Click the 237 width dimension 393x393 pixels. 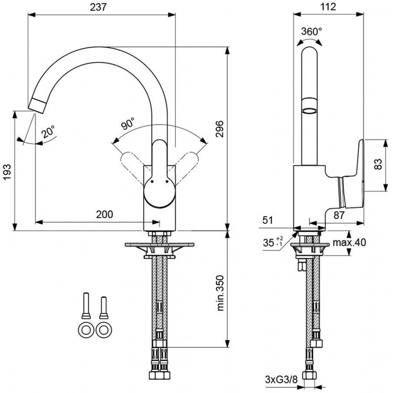click(x=98, y=7)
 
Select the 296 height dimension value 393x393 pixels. click(x=220, y=129)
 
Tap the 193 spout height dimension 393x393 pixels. click(x=7, y=172)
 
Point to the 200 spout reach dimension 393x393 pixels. click(x=105, y=214)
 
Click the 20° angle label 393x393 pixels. click(x=48, y=131)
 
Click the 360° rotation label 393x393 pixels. click(x=312, y=31)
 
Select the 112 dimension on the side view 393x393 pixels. click(x=328, y=7)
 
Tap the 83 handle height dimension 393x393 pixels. click(x=378, y=164)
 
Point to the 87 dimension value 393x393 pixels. click(x=339, y=215)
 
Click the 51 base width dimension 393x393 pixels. click(x=268, y=220)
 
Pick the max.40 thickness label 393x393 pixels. click(x=349, y=242)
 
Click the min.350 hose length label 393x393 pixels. click(x=220, y=293)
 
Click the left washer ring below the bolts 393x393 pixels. click(x=86, y=330)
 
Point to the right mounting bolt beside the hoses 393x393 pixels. click(x=104, y=308)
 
